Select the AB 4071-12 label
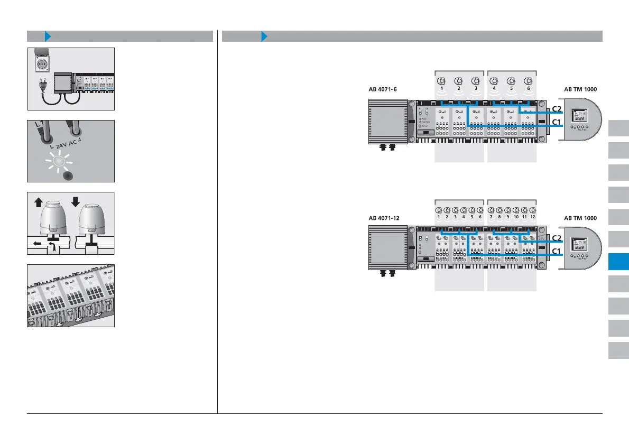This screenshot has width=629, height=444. click(x=385, y=218)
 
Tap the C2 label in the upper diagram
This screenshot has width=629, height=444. click(x=557, y=109)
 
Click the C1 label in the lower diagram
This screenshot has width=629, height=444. click(x=557, y=252)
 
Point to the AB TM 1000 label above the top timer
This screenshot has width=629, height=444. click(x=580, y=89)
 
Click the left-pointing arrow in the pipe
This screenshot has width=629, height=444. click(x=35, y=244)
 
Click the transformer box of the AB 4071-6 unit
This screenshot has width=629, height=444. click(x=387, y=122)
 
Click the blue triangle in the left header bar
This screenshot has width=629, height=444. click(x=48, y=36)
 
